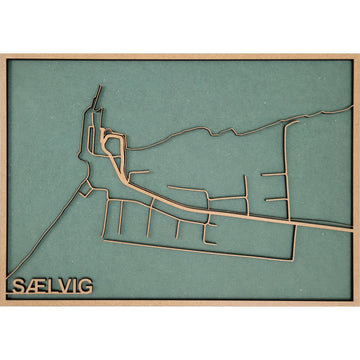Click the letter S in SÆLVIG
(19, 287)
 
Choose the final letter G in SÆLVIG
(84, 287)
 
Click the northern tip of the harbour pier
(99, 93)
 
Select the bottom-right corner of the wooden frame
(357, 303)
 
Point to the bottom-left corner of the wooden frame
(3, 303)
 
